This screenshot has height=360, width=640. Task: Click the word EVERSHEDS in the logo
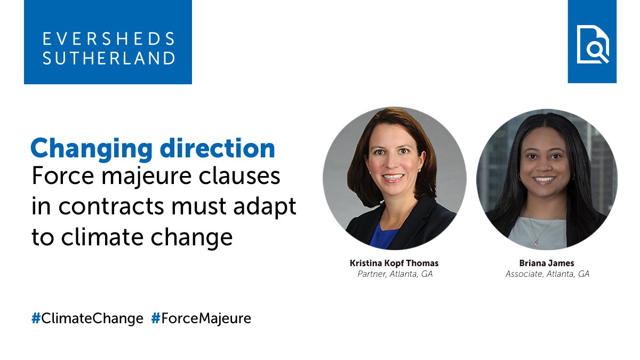tap(109, 39)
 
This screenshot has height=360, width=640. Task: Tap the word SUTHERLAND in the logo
tap(109, 58)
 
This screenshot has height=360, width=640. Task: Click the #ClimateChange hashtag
tap(87, 319)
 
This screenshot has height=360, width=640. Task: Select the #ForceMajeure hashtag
tap(201, 319)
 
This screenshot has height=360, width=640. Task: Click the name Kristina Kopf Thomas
tap(394, 263)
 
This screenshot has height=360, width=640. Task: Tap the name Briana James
tap(547, 263)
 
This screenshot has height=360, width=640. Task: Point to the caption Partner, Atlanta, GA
tap(394, 274)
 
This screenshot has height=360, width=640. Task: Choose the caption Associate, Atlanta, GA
tap(547, 274)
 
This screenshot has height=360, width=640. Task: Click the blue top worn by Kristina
tap(385, 235)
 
